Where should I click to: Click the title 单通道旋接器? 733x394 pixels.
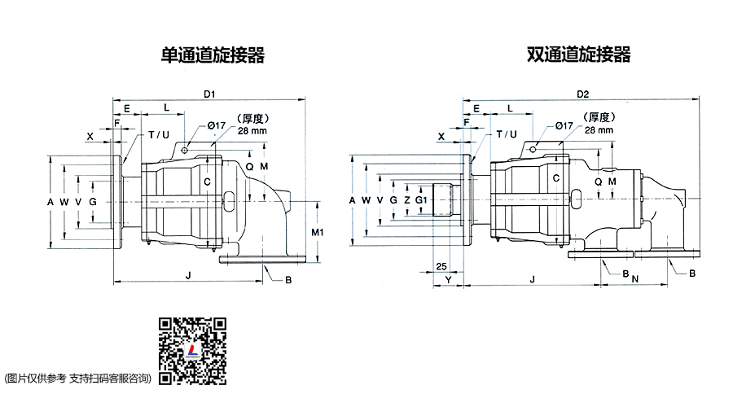click(x=213, y=55)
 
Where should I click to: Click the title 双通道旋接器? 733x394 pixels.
click(x=579, y=55)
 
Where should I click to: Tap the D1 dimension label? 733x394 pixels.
click(x=209, y=94)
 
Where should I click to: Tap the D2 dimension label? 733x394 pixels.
click(x=583, y=94)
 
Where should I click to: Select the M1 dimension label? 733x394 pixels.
click(x=318, y=232)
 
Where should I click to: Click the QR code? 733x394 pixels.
click(x=192, y=351)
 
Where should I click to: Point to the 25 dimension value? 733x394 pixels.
click(x=441, y=266)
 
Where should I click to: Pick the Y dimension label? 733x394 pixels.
click(x=448, y=279)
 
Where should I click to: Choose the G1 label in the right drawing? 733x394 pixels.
click(x=421, y=200)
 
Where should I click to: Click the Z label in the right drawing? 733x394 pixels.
click(x=407, y=200)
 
